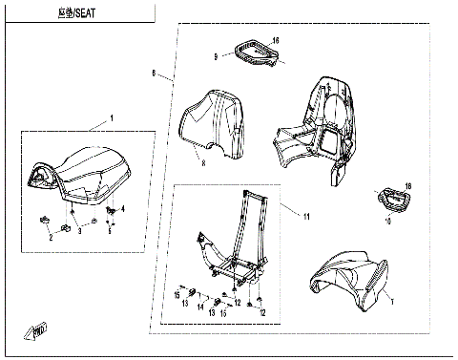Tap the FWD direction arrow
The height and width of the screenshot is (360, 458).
[x=38, y=331]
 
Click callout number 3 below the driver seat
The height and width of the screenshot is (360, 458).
[x=80, y=231]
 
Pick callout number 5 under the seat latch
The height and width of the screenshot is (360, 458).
[x=111, y=229]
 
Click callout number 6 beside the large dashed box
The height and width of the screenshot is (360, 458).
[x=155, y=73]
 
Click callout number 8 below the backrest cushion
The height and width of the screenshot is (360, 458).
[x=202, y=163]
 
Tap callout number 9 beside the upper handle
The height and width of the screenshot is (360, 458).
[x=216, y=57]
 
